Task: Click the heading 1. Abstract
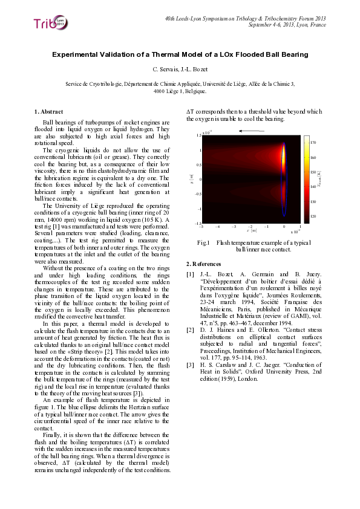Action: point(48,111)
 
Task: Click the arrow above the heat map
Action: point(252,131)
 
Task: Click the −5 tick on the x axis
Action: point(201,227)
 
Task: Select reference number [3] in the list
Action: point(191,365)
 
